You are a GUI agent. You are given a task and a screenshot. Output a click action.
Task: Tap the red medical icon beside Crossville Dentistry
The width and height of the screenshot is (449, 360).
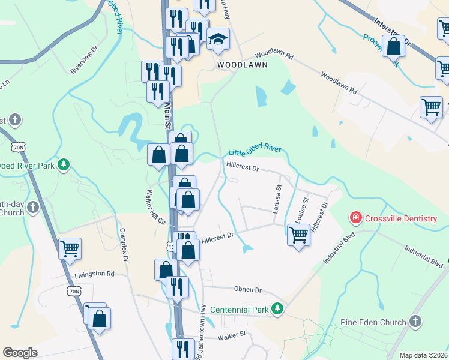(x=356, y=218)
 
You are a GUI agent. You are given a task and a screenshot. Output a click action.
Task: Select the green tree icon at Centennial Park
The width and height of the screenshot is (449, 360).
(x=277, y=308)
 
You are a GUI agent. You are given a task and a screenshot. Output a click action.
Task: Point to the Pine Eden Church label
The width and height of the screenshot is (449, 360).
(x=373, y=322)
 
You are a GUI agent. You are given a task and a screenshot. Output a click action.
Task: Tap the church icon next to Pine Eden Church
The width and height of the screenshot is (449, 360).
(x=415, y=322)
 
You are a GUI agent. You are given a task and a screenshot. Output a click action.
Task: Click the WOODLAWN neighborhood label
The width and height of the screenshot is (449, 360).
(x=242, y=64)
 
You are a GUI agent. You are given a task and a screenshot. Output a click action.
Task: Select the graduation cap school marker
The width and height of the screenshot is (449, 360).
(x=218, y=39)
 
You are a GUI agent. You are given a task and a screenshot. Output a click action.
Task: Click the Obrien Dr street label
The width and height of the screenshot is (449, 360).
(x=249, y=290)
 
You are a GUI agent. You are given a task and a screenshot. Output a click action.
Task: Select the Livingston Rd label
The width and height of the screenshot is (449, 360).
(x=94, y=274)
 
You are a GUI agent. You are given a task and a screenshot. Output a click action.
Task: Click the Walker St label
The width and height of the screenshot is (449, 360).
(x=232, y=334)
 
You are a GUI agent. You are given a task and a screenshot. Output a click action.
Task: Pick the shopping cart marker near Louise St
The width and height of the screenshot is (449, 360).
(x=298, y=234)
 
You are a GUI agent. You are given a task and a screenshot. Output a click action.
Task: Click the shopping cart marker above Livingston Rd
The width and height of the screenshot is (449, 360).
(x=71, y=247)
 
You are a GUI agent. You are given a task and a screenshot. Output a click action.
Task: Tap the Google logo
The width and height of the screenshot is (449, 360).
(x=20, y=352)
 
